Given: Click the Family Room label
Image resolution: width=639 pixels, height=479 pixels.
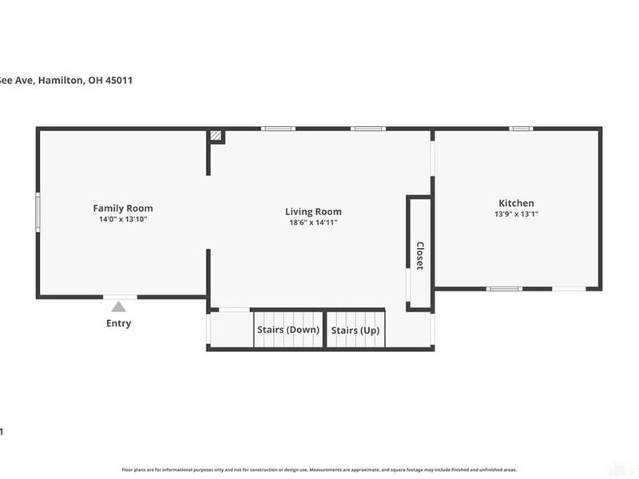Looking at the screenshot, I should [x=122, y=208].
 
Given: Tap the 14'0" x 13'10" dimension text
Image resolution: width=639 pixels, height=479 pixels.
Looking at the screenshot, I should [x=122, y=219].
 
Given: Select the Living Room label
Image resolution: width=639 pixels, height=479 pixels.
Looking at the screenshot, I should [x=313, y=212].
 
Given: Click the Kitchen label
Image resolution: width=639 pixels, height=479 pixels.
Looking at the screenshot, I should [x=516, y=204].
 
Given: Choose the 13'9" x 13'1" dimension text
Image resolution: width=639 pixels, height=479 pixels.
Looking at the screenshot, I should [x=516, y=214].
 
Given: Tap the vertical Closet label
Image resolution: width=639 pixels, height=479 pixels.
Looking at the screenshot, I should [x=420, y=255].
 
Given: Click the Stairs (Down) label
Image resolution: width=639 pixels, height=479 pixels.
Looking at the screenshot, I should [x=288, y=330].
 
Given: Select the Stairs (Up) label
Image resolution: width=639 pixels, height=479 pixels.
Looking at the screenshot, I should [x=355, y=330].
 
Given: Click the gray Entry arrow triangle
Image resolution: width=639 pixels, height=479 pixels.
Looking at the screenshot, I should [x=118, y=306].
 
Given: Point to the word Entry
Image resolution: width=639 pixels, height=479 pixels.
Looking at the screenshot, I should [x=118, y=323].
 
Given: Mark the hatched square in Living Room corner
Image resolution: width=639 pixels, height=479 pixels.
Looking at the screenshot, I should [x=216, y=137].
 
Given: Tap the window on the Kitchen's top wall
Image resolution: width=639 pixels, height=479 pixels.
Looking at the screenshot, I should [x=522, y=128].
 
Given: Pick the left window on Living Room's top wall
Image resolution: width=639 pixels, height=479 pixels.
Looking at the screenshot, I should [x=278, y=128].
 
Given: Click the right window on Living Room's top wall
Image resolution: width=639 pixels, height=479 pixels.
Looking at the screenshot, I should [x=368, y=128].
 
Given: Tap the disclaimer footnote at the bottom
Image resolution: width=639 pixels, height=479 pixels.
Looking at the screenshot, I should [x=319, y=470].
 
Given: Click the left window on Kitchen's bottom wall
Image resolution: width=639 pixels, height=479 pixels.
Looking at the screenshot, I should [x=505, y=288].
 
